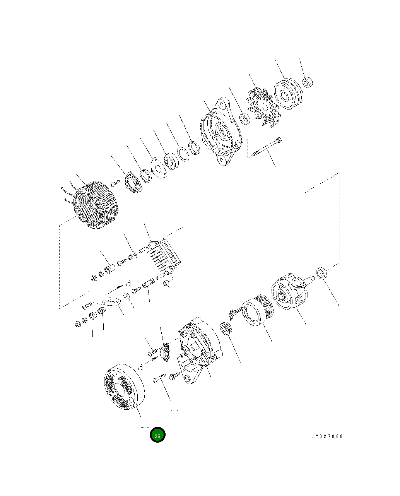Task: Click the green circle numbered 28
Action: (157, 435)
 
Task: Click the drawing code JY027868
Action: (327, 436)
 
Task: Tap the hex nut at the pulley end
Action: (307, 82)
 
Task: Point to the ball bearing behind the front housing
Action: (170, 161)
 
